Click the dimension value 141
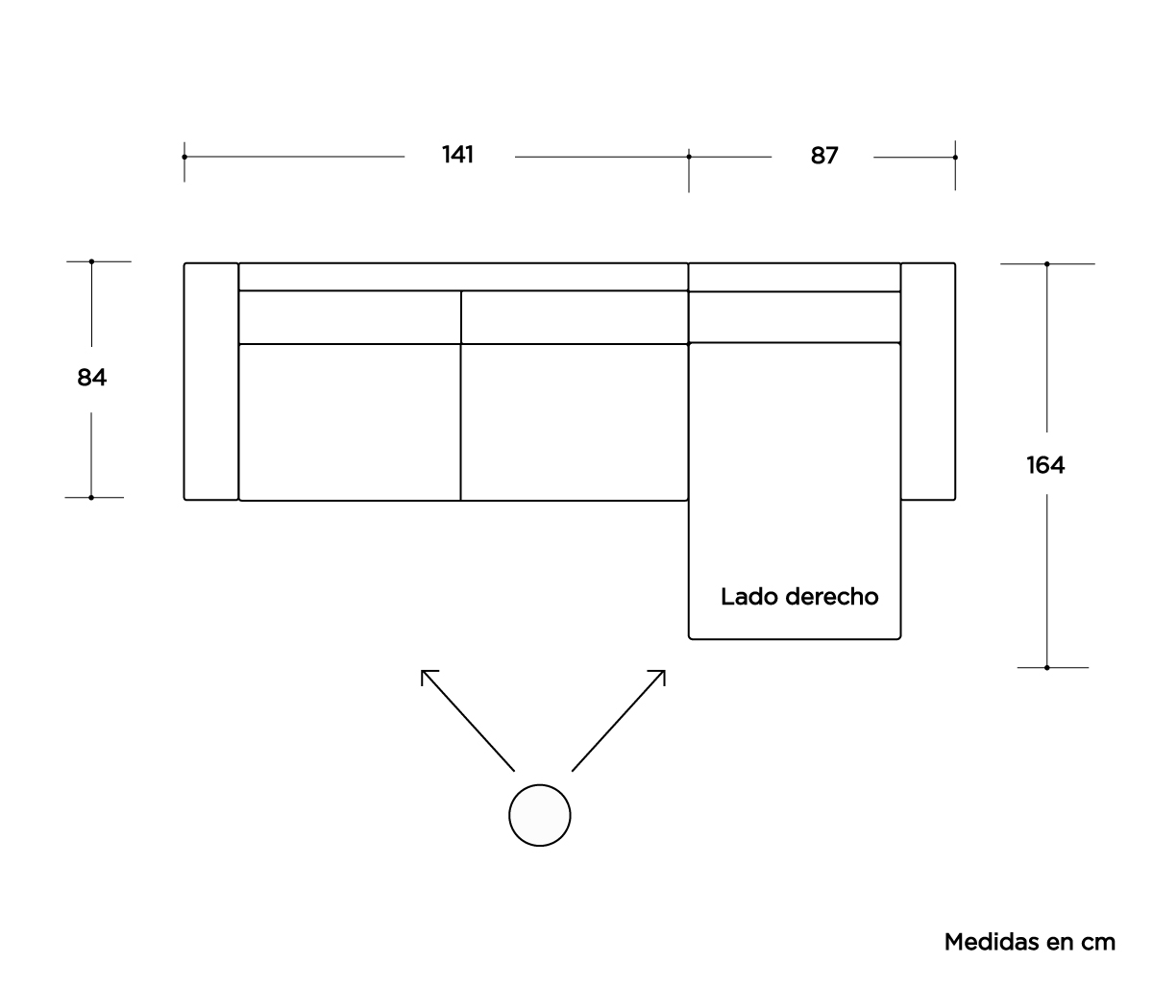[x=457, y=155]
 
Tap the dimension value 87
[x=823, y=156]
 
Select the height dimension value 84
[x=91, y=378]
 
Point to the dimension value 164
[x=1045, y=465]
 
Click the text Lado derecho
[x=799, y=597]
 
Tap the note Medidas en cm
[x=1030, y=942]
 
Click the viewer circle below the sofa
[x=539, y=815]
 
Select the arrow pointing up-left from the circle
[x=468, y=720]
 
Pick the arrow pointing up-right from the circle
[x=619, y=720]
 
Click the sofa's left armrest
[x=211, y=382]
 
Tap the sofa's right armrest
[x=927, y=382]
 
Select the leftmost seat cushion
[x=350, y=422]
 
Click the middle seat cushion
[x=575, y=422]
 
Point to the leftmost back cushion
[x=350, y=317]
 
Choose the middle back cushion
[x=575, y=317]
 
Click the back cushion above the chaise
[x=795, y=317]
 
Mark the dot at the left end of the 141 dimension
[x=184, y=157]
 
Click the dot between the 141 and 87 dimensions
[x=689, y=157]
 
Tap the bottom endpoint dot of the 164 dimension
[x=1047, y=667]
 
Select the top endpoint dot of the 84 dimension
[x=91, y=261]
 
